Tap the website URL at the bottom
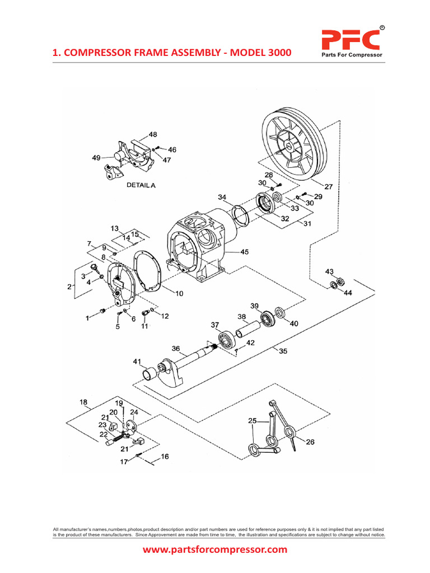[x=215, y=549]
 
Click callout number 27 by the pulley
[x=329, y=187]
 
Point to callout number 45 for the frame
[x=245, y=252]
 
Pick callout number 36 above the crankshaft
[x=176, y=348]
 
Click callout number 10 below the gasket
[x=179, y=293]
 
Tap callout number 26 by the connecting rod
[x=310, y=442]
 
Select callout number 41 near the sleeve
[x=137, y=362]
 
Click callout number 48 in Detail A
[x=152, y=134]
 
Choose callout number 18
[x=83, y=402]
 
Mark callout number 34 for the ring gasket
[x=222, y=197]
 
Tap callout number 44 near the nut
[x=348, y=293]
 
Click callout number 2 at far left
[x=69, y=286]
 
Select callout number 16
[x=165, y=457]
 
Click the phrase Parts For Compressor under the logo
[x=351, y=55]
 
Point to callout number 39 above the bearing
[x=255, y=306]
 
